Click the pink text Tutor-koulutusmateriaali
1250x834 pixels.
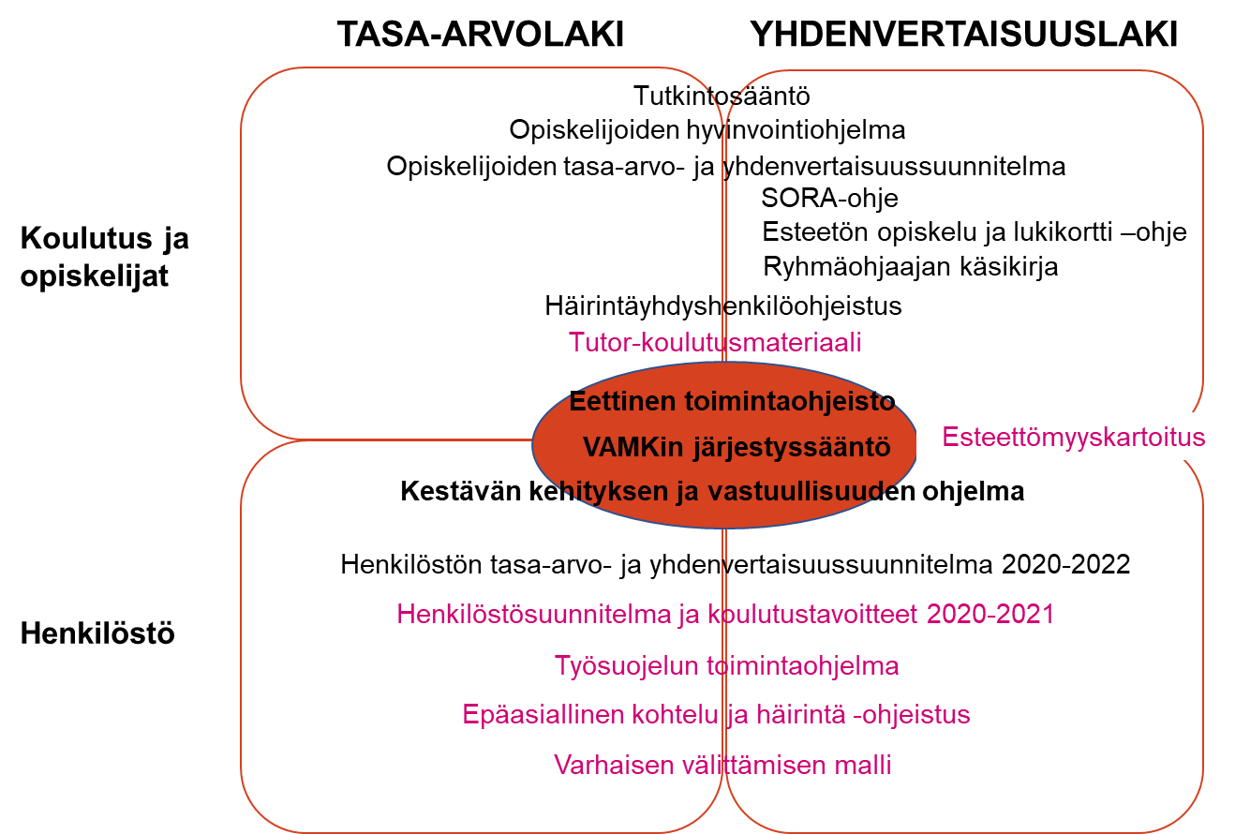[715, 343]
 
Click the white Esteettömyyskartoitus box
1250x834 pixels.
[1073, 437]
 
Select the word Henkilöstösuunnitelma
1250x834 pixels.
[533, 615]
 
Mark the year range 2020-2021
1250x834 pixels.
[990, 615]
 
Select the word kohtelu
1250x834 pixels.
[668, 715]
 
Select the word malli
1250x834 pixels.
[863, 766]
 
